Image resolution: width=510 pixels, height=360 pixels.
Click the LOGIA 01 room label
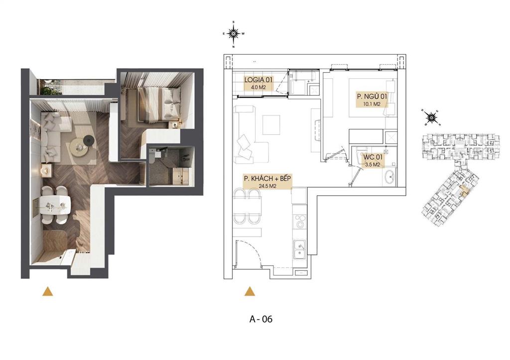(x=259, y=80)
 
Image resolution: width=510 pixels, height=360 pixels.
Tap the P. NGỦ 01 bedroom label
(x=372, y=96)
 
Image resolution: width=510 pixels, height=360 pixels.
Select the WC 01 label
(x=373, y=157)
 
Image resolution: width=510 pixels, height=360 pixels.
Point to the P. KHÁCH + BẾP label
(x=267, y=179)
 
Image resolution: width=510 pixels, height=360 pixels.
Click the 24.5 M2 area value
(x=267, y=186)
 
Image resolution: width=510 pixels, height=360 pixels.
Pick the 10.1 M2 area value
(x=372, y=105)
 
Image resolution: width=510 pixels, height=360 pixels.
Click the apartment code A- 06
(x=261, y=319)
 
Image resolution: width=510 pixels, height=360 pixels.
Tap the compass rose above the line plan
(x=233, y=33)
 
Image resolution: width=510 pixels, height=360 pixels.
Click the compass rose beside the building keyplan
(x=431, y=118)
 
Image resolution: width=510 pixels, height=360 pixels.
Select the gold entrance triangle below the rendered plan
(x=47, y=292)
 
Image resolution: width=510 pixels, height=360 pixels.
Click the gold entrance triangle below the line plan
(x=250, y=292)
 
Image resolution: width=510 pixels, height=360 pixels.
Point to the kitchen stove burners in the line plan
(x=299, y=221)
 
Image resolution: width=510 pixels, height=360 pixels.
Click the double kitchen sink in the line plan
(x=299, y=249)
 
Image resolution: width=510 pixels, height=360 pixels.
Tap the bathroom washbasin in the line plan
(x=389, y=177)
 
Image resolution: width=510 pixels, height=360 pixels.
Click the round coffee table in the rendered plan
(x=79, y=148)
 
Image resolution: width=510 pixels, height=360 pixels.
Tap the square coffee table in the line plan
(x=271, y=124)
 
